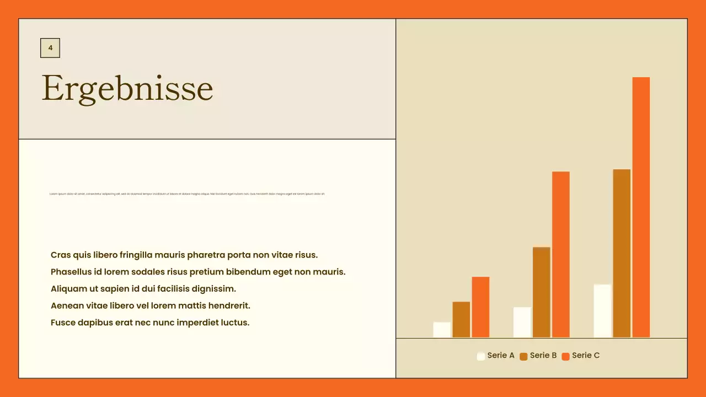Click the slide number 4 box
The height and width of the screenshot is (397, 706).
pos(50,48)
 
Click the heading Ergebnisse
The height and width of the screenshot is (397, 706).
pos(127,88)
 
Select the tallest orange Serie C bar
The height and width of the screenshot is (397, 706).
pos(641,207)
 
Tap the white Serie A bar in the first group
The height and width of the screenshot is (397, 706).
pos(442,330)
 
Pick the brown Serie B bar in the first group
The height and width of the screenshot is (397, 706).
pos(461,320)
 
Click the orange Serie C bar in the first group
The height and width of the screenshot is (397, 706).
pos(480,307)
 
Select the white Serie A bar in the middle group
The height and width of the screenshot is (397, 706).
pos(522,322)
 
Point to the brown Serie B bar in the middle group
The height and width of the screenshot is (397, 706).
pos(542,292)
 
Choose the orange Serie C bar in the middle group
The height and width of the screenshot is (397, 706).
pos(561,254)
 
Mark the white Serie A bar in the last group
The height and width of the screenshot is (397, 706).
pos(602,311)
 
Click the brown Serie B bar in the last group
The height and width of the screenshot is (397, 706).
pos(622,253)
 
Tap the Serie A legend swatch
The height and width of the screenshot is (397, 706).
pos(481,356)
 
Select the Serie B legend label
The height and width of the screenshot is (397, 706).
pos(543,356)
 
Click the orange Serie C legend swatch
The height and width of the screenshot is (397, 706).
pos(565,356)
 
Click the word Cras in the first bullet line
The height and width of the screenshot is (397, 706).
pos(61,255)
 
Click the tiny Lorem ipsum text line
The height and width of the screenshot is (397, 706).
pos(187,194)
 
